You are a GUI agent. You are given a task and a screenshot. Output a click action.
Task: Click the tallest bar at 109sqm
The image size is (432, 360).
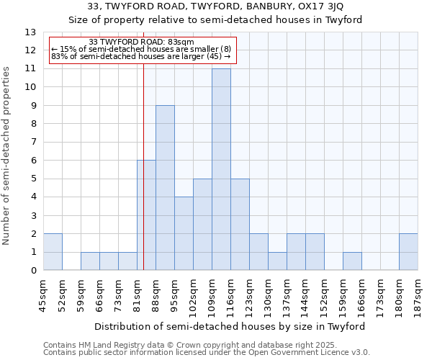221,169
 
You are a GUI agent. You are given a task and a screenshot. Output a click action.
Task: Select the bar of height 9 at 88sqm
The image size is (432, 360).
165,188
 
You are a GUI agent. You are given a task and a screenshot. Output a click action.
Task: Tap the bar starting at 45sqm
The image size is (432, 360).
53,252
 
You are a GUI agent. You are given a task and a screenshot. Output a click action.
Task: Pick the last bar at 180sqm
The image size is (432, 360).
408,252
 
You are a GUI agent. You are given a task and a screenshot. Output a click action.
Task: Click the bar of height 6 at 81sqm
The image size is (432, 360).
146,215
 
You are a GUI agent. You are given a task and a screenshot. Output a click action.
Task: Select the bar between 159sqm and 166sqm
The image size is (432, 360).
352,261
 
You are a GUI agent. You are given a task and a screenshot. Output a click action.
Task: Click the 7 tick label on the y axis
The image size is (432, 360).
32,143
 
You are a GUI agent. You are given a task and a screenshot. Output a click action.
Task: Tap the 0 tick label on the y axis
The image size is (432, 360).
32,271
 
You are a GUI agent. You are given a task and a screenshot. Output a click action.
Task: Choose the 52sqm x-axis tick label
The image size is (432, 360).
63,294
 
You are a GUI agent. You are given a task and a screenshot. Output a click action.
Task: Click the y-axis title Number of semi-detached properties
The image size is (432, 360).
7,156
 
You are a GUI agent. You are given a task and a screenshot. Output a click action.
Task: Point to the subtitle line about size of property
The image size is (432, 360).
215,19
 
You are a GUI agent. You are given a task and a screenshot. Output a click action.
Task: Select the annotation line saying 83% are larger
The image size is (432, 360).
141,56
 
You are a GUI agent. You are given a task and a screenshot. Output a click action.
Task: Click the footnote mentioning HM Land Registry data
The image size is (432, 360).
194,345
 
